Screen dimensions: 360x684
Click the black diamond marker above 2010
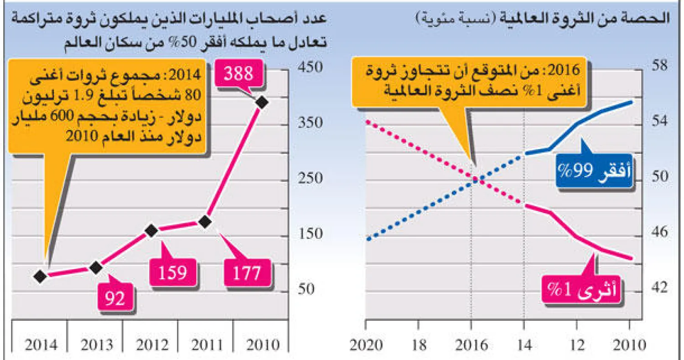[x=261, y=103]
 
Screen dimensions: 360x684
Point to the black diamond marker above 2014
[x=40, y=276]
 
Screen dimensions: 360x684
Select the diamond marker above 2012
[x=151, y=231]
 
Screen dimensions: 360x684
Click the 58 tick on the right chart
[x=657, y=65]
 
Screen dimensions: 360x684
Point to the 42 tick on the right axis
[x=657, y=288]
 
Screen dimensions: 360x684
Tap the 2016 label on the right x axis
[x=472, y=345]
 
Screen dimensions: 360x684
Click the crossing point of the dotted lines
[x=475, y=180]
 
